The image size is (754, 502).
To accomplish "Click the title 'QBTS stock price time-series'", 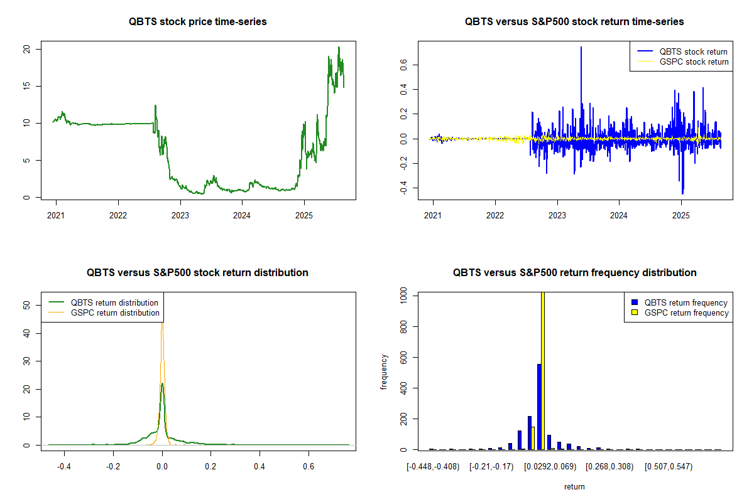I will (x=197, y=22).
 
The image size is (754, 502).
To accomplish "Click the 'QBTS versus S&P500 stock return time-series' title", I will (x=574, y=22).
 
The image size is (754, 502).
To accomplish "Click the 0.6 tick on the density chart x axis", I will (x=309, y=466).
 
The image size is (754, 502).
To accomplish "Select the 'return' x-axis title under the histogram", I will (x=574, y=486).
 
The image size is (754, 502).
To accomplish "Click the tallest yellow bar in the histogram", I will (x=543, y=370).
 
